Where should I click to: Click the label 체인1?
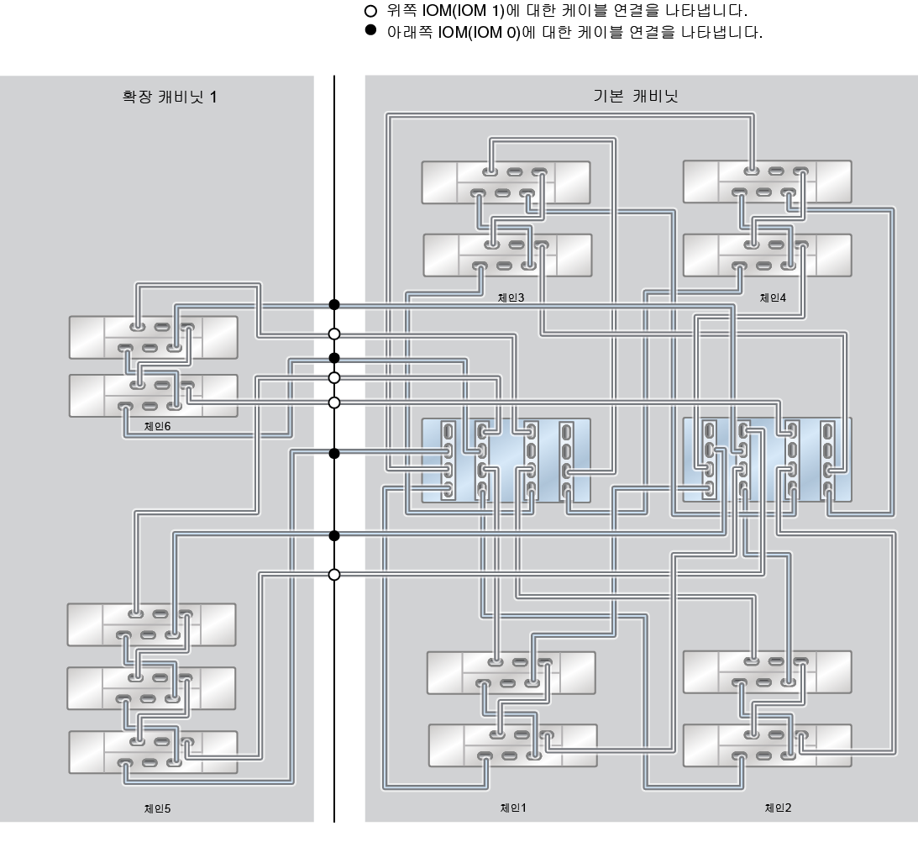click(x=512, y=808)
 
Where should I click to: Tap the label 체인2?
click(x=778, y=808)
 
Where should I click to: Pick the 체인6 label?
click(x=157, y=426)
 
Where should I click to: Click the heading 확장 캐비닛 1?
click(x=170, y=97)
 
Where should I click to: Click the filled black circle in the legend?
click(x=370, y=34)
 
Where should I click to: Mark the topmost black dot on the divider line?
click(x=334, y=304)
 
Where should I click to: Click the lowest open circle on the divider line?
click(x=334, y=575)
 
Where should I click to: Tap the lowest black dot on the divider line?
click(x=334, y=535)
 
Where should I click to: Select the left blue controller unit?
click(x=506, y=460)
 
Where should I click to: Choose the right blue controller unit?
click(x=767, y=460)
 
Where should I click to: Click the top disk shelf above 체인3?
click(x=506, y=182)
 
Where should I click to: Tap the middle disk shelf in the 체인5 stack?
click(x=151, y=687)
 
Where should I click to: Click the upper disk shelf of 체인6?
click(x=153, y=337)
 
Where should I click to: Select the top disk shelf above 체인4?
click(x=767, y=182)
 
